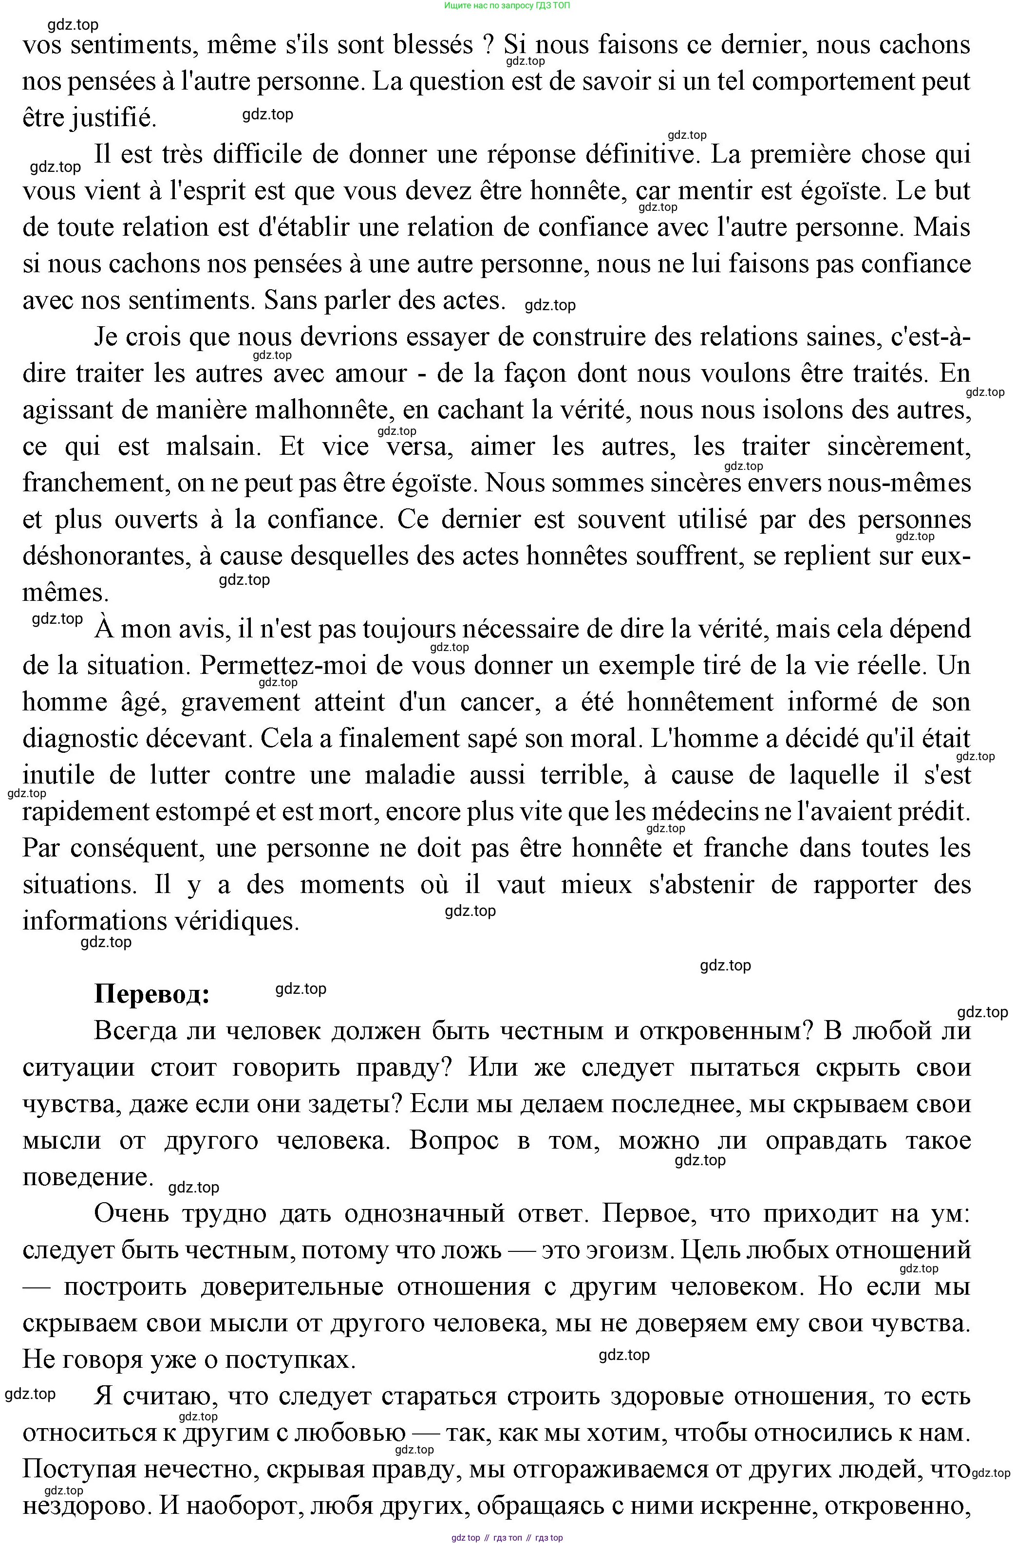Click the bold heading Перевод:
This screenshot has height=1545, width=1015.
click(152, 994)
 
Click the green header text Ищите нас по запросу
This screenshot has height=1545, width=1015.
click(507, 5)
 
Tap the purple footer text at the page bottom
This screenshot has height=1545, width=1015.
click(507, 1538)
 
